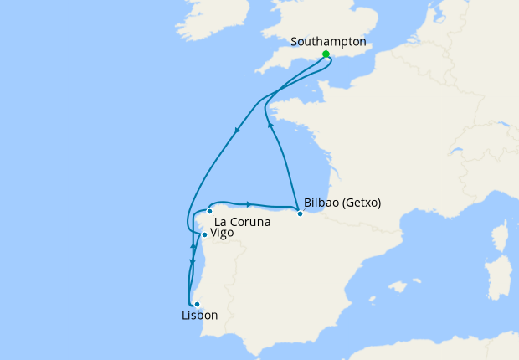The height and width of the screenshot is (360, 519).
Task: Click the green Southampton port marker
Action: coord(326,54)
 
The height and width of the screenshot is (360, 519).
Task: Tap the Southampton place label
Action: coord(328,41)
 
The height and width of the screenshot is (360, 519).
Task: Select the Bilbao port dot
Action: coord(300,213)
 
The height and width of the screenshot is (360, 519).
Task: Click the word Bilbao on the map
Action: coord(322,203)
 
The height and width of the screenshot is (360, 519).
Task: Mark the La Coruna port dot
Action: coord(209,212)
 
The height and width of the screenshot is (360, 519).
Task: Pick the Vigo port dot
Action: coord(204,234)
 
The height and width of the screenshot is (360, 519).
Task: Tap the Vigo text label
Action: coord(222,233)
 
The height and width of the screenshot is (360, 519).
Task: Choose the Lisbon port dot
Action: coord(197,304)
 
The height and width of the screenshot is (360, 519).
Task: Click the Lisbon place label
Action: coord(199,316)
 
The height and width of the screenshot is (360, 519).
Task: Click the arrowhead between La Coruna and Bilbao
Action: coord(249,203)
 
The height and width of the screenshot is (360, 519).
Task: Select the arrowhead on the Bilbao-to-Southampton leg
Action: coord(270,125)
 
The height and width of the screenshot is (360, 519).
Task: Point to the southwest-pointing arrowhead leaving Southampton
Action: coord(238,130)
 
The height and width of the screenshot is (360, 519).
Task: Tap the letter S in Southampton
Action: coord(295,41)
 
